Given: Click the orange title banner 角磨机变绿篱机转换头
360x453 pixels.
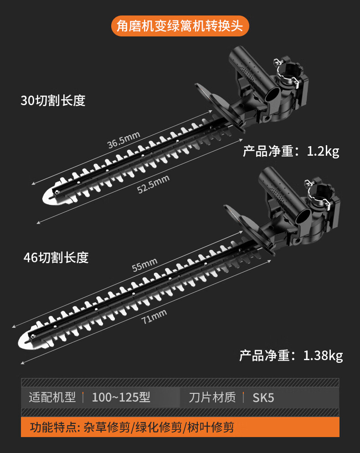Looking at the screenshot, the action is (x=180, y=26).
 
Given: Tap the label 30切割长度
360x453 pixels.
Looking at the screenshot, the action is (x=53, y=100).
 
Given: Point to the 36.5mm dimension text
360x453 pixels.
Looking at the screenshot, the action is (x=123, y=140).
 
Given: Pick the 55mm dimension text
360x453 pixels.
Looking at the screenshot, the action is (x=144, y=265).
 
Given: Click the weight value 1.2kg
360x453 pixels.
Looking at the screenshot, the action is (x=323, y=151).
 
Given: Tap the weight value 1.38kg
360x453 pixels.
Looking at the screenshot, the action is (x=323, y=355).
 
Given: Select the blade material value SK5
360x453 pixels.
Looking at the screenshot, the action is (x=263, y=397).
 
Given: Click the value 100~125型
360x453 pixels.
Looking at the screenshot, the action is (x=121, y=397).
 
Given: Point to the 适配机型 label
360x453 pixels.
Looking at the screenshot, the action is (x=52, y=397).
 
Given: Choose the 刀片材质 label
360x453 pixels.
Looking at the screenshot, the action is (x=212, y=397).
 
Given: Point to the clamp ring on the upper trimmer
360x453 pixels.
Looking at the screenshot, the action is (x=290, y=72).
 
